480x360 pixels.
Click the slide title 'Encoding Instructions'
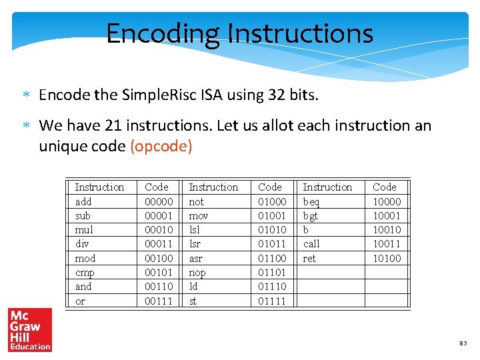click(x=239, y=33)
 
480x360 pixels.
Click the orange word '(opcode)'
click(x=161, y=147)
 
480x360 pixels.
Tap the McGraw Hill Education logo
click(x=29, y=329)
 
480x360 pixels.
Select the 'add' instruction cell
click(x=83, y=201)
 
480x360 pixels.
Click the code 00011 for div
click(x=159, y=244)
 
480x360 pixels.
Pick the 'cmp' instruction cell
click(x=85, y=273)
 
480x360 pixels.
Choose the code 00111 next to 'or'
click(x=159, y=301)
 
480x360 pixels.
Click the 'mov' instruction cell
click(x=199, y=216)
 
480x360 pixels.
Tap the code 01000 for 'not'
click(x=272, y=201)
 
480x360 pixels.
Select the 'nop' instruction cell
click(x=197, y=273)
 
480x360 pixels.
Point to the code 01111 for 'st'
click(x=272, y=301)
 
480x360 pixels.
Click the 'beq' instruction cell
click(x=311, y=201)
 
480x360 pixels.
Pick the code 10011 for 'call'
click(x=387, y=244)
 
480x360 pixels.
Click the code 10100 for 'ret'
click(x=387, y=259)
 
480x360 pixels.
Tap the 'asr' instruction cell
click(x=197, y=259)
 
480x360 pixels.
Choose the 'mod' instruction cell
click(x=85, y=259)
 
